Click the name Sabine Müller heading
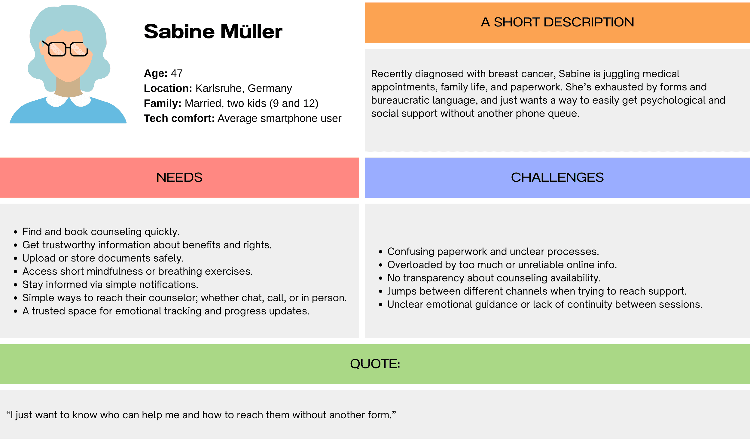[x=213, y=32]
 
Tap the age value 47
[x=177, y=73]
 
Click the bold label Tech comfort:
[x=179, y=118]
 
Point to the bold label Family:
[x=163, y=103]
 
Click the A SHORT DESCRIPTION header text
[x=557, y=22]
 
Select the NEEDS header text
[x=179, y=177]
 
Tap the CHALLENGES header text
[x=557, y=177]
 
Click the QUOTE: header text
[x=375, y=364]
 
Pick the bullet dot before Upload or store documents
[x=16, y=259]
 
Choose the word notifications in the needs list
[x=168, y=285]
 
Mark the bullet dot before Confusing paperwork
[x=381, y=252]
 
